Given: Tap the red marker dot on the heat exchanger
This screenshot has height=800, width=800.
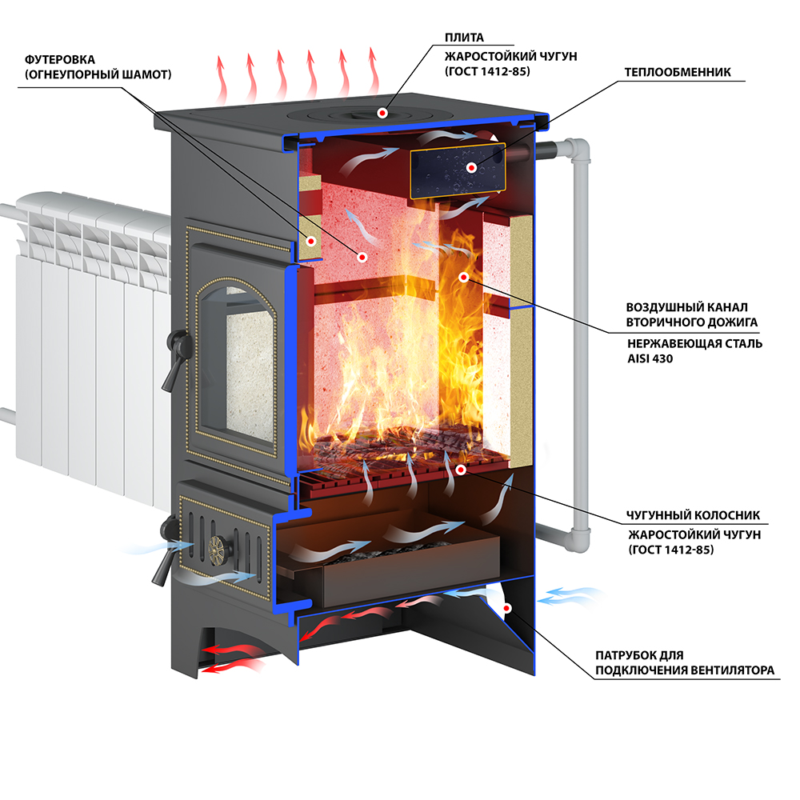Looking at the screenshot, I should point(471,168).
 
